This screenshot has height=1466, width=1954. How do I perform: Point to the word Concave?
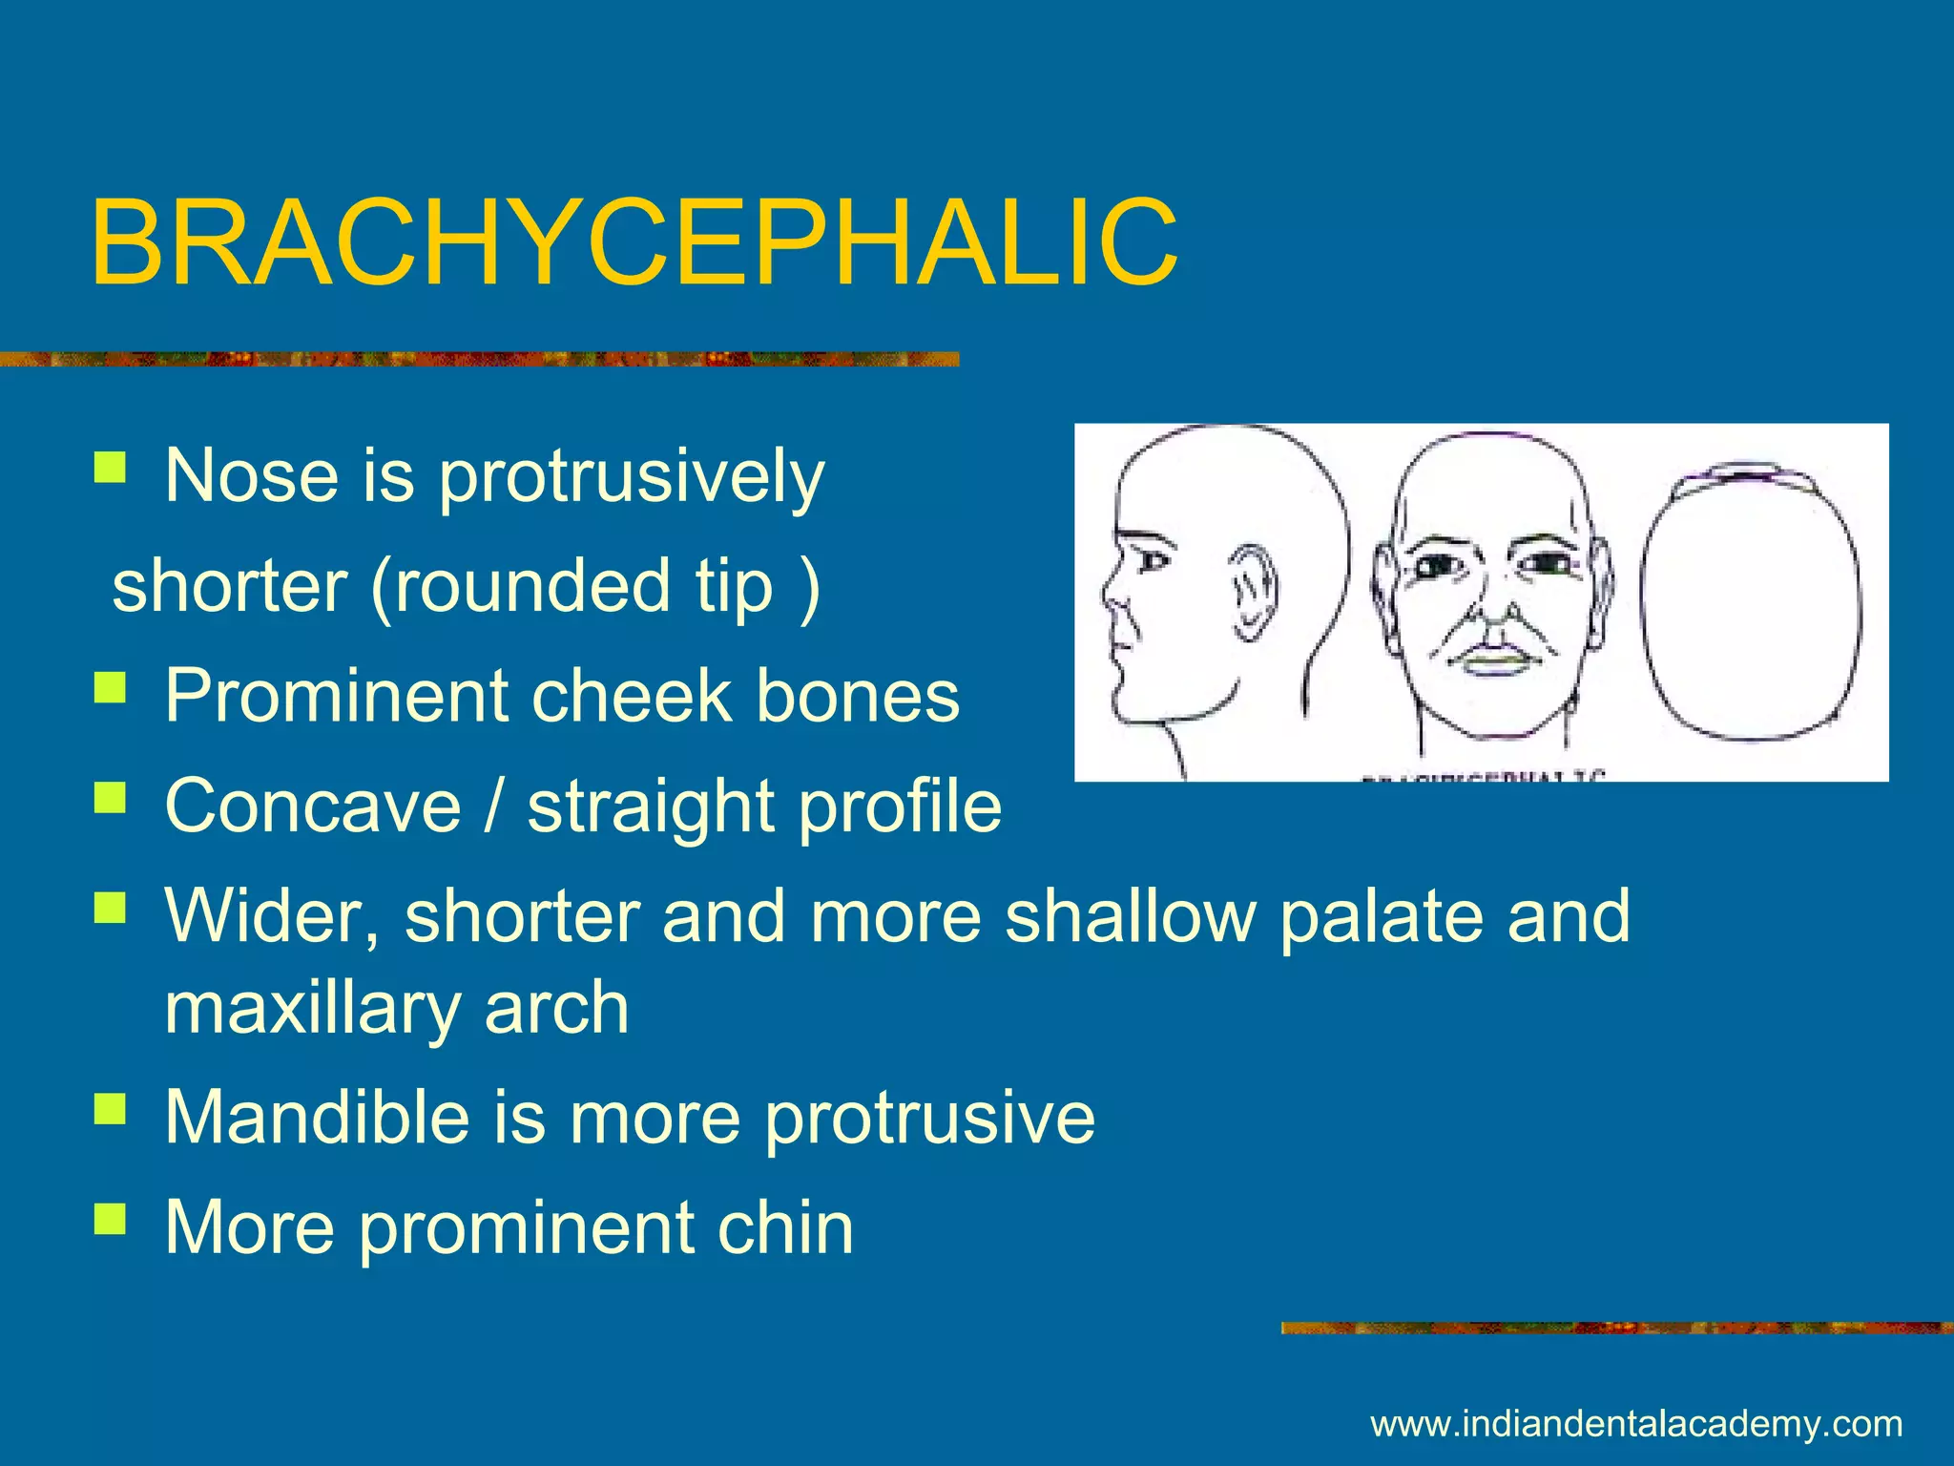(x=313, y=806)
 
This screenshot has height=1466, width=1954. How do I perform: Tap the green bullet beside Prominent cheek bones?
(x=110, y=688)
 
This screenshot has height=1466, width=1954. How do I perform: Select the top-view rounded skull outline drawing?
(x=1751, y=606)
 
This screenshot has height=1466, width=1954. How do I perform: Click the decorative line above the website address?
(x=1616, y=1328)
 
